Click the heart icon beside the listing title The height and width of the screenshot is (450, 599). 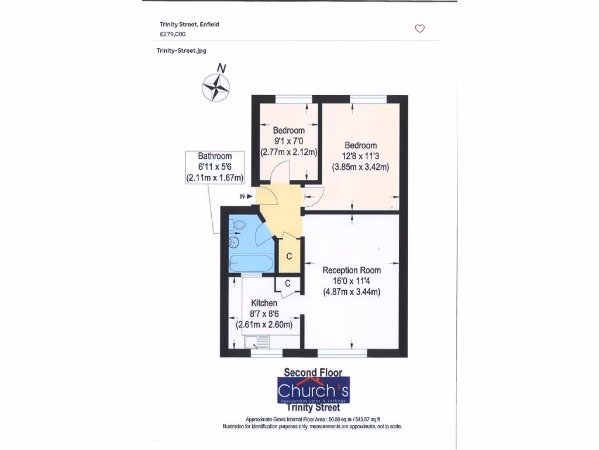click(x=419, y=28)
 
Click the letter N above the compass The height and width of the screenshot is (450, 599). click(x=222, y=68)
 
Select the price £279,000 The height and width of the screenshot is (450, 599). click(x=173, y=34)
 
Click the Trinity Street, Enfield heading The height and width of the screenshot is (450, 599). click(x=190, y=25)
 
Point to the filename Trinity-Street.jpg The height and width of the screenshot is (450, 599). click(x=181, y=50)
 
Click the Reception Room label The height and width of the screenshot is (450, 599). click(x=352, y=270)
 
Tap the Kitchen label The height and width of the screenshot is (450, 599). click(x=264, y=303)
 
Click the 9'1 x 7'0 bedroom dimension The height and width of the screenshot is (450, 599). click(x=288, y=141)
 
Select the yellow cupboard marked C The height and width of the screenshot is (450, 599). click(x=289, y=257)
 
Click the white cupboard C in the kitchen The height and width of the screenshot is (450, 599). click(x=288, y=284)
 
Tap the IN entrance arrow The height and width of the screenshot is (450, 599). click(x=246, y=197)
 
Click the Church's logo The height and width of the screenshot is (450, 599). click(x=313, y=390)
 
